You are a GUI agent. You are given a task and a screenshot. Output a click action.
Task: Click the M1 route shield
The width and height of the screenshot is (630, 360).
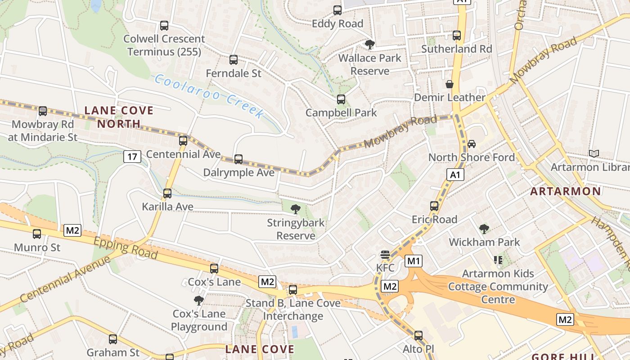click(x=414, y=261)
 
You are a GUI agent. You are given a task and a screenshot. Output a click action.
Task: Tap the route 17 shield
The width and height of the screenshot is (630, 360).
click(x=132, y=157)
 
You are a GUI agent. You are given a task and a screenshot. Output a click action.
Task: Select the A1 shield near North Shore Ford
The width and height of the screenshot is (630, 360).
click(x=455, y=175)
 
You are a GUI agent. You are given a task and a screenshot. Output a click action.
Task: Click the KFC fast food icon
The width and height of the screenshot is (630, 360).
click(x=385, y=255)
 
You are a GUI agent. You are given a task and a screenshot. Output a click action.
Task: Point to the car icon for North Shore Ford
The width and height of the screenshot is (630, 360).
click(x=471, y=144)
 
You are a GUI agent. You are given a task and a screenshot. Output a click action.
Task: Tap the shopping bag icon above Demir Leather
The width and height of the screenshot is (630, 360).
click(x=449, y=84)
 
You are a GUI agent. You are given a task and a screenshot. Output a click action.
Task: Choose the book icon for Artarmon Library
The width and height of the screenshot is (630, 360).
click(x=594, y=153)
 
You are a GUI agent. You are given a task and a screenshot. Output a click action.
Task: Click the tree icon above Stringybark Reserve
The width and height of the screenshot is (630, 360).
click(x=295, y=209)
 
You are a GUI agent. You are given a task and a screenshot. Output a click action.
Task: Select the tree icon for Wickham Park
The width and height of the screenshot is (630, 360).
click(x=484, y=229)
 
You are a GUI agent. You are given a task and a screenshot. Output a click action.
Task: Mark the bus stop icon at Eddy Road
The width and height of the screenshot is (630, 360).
click(x=337, y=10)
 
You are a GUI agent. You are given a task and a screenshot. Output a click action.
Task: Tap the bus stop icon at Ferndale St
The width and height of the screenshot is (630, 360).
click(x=233, y=59)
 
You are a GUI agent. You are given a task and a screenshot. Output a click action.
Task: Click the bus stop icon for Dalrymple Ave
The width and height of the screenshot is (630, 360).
click(x=238, y=159)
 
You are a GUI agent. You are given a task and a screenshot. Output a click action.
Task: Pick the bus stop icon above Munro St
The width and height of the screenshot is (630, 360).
click(x=37, y=234)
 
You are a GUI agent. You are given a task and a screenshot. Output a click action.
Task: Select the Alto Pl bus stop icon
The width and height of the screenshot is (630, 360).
click(x=418, y=335)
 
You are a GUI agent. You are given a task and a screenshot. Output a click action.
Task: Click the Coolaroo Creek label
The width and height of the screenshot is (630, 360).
click(x=209, y=96)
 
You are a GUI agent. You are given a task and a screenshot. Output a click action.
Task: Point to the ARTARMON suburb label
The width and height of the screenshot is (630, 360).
click(x=566, y=191)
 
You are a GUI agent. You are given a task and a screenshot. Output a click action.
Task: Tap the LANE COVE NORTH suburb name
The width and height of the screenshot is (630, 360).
click(x=119, y=117)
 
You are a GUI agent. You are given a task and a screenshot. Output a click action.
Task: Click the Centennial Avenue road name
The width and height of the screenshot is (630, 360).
click(x=65, y=279)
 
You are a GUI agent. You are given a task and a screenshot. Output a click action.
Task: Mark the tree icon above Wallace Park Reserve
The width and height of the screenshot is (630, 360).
click(x=369, y=44)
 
